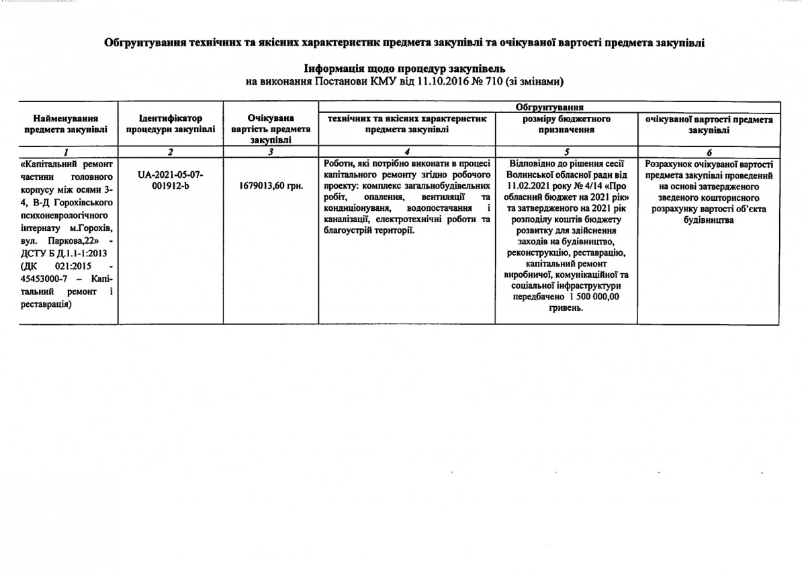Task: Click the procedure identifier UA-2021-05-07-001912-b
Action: pyautogui.click(x=170, y=180)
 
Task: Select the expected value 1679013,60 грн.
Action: pyautogui.click(x=271, y=185)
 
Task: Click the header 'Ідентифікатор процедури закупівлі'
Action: pyautogui.click(x=171, y=124)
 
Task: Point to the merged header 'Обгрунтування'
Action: pyautogui.click(x=549, y=107)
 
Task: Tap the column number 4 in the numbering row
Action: pyautogui.click(x=406, y=152)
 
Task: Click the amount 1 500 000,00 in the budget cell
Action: pyautogui.click(x=594, y=297)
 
